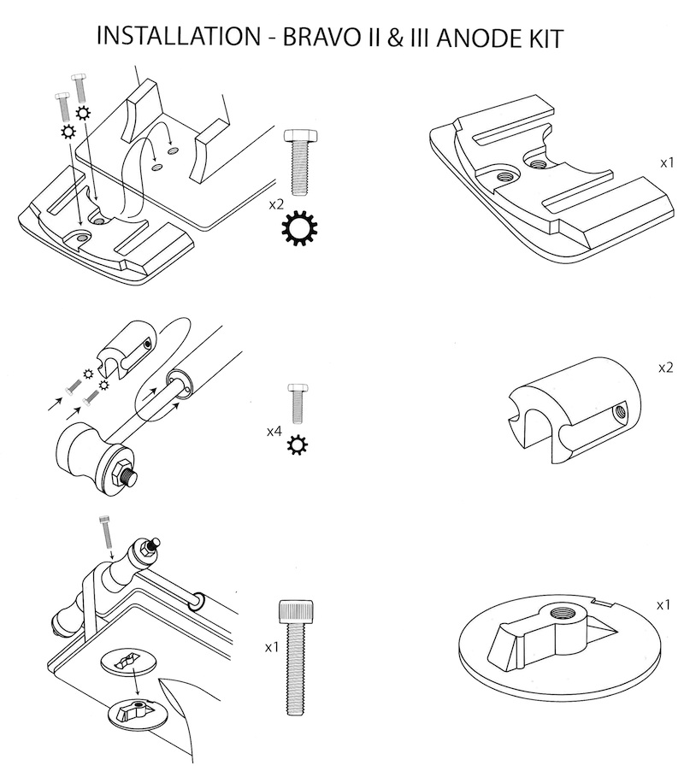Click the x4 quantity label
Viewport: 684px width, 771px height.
tap(274, 431)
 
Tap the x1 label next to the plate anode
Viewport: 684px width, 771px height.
tap(667, 160)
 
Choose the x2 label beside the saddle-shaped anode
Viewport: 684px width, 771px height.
tap(666, 368)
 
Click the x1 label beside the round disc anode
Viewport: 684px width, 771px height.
tap(663, 604)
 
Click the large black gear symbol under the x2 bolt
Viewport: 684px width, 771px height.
tap(299, 229)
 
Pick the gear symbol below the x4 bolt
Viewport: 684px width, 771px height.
tap(297, 445)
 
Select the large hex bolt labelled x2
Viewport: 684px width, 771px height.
tap(299, 162)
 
